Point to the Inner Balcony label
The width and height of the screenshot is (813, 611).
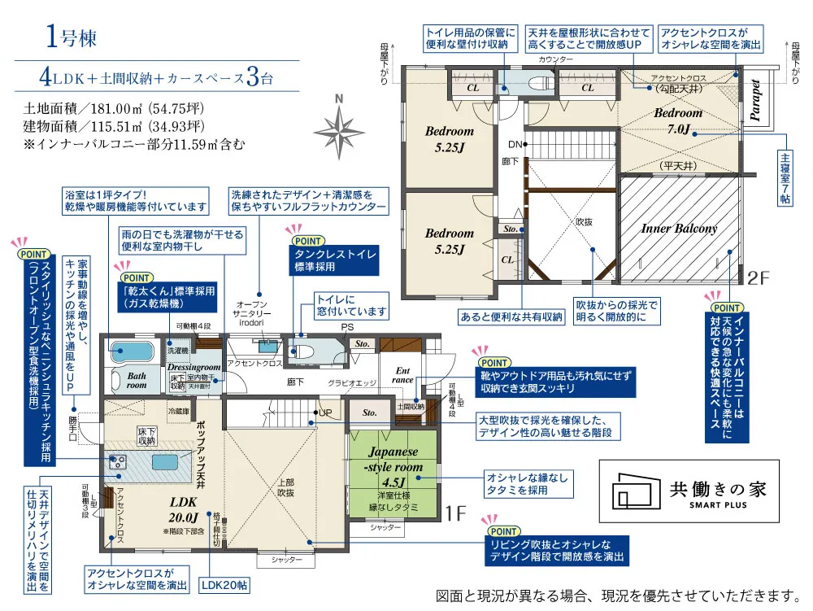(x=679, y=229)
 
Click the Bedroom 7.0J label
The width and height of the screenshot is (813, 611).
(x=678, y=121)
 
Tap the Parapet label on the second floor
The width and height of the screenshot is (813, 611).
(x=755, y=100)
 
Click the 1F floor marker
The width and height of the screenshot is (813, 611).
(x=455, y=514)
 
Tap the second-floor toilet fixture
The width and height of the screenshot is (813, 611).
(x=537, y=82)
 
